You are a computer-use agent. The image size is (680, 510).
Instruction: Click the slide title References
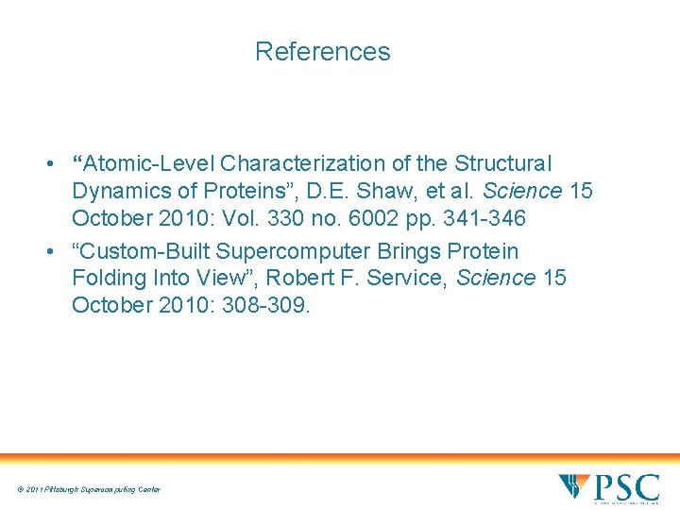tap(322, 51)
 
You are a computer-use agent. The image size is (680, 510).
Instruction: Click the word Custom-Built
tap(139, 251)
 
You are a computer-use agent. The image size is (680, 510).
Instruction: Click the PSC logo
tap(609, 487)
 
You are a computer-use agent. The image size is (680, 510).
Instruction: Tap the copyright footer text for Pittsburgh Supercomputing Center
tap(88, 489)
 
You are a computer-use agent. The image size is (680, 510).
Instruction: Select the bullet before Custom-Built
tap(47, 252)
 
